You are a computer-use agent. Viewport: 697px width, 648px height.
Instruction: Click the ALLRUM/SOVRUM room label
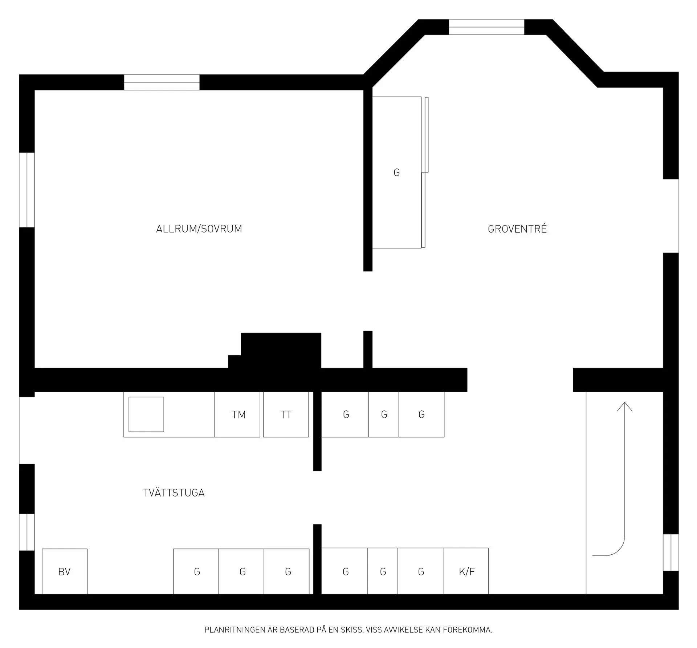(x=199, y=229)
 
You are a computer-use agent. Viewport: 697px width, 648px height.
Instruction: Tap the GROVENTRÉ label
(x=517, y=229)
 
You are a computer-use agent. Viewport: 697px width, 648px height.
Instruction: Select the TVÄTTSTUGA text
(x=174, y=493)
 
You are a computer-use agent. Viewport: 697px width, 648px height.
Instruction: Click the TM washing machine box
(x=237, y=414)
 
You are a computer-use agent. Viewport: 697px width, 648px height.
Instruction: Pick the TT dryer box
(x=286, y=414)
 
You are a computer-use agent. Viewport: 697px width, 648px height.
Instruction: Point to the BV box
(x=65, y=571)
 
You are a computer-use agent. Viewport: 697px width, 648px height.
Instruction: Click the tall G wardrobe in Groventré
(x=397, y=173)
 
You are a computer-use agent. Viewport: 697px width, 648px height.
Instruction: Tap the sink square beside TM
(x=146, y=414)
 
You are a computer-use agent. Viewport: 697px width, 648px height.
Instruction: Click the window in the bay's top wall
(x=486, y=27)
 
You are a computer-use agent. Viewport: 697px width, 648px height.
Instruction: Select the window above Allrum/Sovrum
(x=162, y=82)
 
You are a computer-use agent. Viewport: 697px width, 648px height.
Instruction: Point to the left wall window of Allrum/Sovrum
(x=27, y=190)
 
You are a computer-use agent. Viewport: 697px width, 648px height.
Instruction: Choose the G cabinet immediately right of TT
(x=345, y=414)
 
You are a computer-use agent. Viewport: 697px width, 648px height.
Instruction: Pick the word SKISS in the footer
(x=352, y=630)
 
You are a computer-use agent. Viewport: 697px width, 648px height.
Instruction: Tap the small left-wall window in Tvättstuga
(x=27, y=532)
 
